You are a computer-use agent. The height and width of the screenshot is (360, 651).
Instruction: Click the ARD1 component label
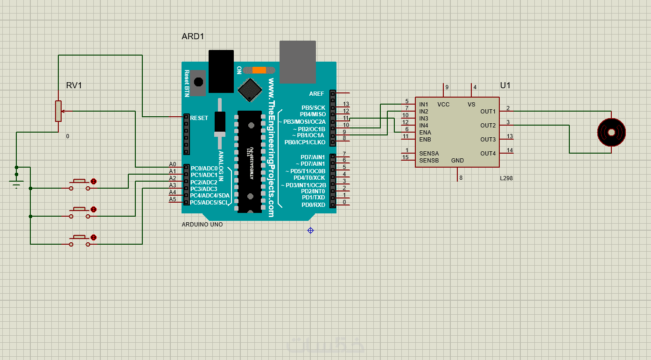click(193, 36)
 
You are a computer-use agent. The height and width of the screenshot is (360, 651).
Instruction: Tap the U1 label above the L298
click(505, 85)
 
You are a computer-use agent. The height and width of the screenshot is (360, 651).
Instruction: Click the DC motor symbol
click(611, 132)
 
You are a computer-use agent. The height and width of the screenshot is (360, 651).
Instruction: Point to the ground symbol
click(17, 184)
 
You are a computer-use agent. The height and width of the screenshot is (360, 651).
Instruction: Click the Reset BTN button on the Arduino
click(198, 82)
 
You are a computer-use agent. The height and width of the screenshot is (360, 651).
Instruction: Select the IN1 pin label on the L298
click(424, 105)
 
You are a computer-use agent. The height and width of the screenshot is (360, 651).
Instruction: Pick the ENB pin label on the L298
click(425, 139)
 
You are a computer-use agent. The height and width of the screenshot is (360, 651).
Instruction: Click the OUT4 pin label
click(488, 154)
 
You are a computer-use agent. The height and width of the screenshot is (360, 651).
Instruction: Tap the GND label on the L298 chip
click(457, 161)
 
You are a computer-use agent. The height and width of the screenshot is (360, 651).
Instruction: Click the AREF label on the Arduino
click(316, 94)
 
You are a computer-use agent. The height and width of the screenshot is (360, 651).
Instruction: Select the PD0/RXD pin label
click(313, 205)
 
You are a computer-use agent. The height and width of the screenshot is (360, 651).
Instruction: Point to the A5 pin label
click(173, 199)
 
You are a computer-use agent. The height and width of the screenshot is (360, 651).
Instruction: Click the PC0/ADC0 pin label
click(204, 168)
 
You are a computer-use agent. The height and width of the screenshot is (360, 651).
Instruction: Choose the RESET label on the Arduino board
click(199, 118)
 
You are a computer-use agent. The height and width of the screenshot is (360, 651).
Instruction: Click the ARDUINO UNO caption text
click(202, 225)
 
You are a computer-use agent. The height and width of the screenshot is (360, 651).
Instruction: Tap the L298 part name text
click(506, 178)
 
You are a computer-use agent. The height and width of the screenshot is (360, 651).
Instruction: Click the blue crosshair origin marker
click(311, 230)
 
